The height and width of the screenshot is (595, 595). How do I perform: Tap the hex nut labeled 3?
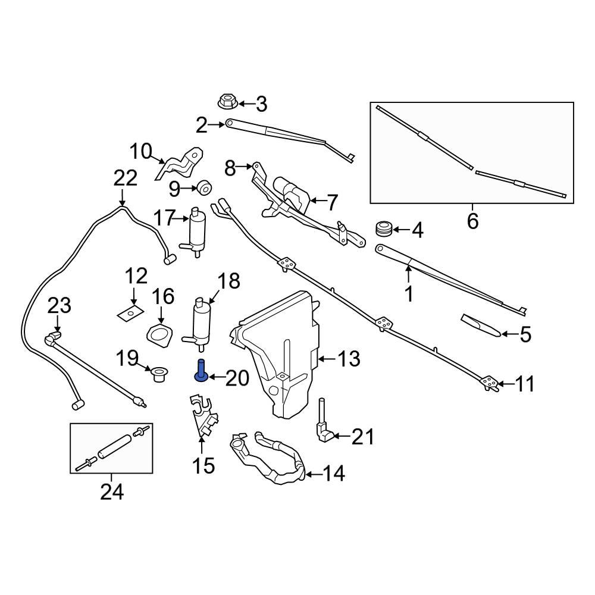coord(227,102)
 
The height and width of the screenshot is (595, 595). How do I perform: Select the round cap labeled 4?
coord(384,228)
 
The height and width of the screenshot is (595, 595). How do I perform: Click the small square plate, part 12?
coord(131,312)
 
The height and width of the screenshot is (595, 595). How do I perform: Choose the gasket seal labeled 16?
coord(159,336)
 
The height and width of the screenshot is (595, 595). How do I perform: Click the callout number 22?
coord(125,178)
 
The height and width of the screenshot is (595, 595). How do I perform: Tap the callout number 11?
coord(524,384)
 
